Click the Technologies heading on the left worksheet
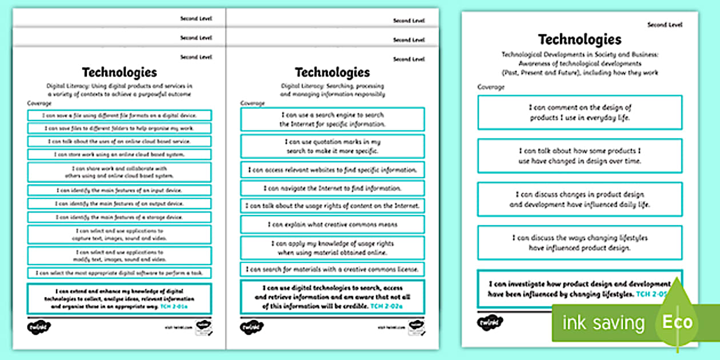click(119, 72)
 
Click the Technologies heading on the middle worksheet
click(332, 73)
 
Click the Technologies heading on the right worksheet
click(579, 39)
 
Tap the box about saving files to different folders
click(119, 128)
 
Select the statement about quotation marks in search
click(332, 146)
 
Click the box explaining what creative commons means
click(332, 225)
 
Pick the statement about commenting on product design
click(579, 112)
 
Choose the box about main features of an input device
click(119, 190)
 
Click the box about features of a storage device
click(119, 217)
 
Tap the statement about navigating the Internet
click(332, 188)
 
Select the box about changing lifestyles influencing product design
click(579, 243)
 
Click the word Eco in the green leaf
click(678, 322)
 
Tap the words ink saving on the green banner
click(603, 323)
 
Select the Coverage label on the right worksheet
click(491, 87)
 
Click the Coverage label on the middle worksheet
click(252, 103)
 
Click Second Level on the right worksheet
click(665, 25)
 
